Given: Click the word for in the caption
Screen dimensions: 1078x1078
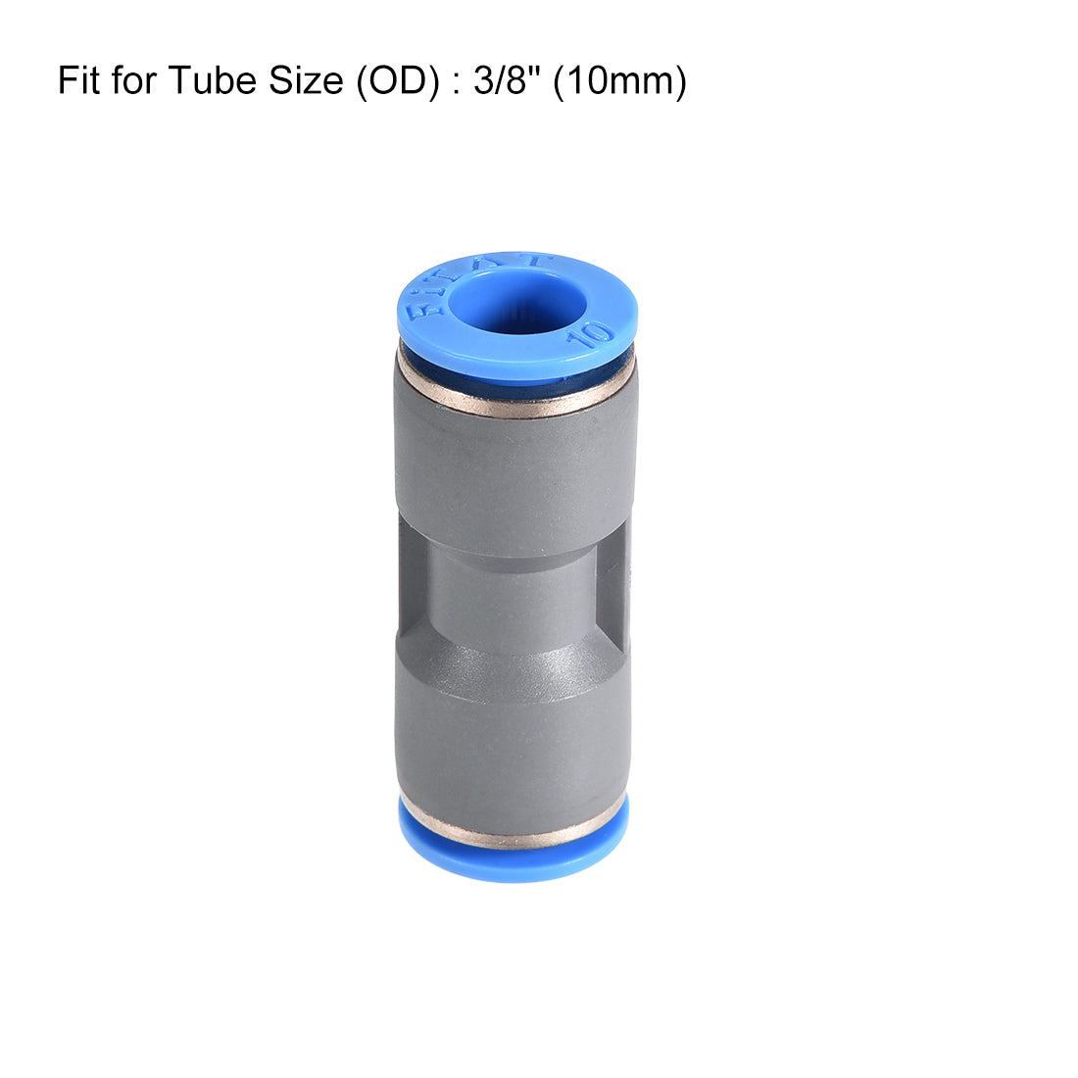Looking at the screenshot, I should coord(134,80).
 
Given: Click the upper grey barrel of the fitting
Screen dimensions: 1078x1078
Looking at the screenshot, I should coord(514,470).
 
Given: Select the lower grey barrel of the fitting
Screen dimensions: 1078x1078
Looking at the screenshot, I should coord(512,745).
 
